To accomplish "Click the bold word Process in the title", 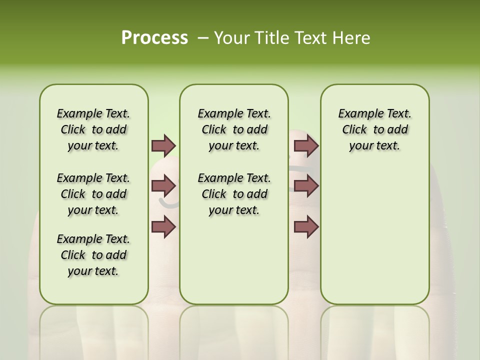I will click(154, 38).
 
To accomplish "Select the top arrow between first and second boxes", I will click(163, 145).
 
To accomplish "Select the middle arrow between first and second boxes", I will click(163, 186).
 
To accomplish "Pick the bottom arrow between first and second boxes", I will click(163, 227).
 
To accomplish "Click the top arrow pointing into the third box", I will click(306, 145).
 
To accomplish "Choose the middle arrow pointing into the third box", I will click(306, 186).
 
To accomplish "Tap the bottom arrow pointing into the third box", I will click(306, 227).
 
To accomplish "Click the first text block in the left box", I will click(93, 129).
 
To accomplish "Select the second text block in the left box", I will click(93, 194).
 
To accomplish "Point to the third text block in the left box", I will click(93, 255).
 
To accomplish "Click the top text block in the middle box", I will click(234, 129).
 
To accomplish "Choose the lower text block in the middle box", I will click(234, 194).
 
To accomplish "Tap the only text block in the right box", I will click(374, 129).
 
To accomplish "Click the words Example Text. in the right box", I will click(374, 113).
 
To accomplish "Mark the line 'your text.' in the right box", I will click(374, 146).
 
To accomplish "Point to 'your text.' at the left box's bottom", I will click(93, 271).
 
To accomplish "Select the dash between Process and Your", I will click(203, 38).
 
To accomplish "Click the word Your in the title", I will click(232, 38).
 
